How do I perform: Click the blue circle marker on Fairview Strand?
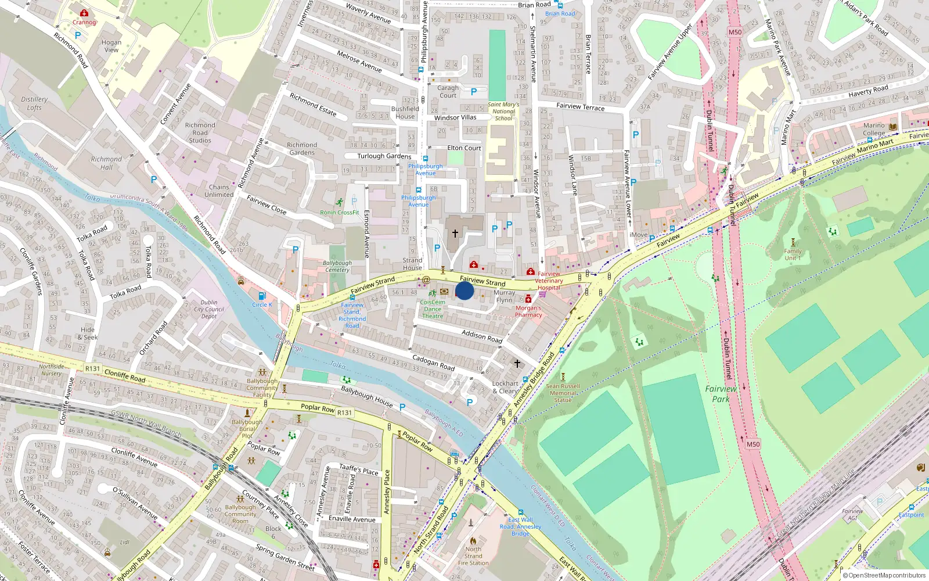[464, 290]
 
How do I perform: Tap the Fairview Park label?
[721, 394]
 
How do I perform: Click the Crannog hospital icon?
[84, 13]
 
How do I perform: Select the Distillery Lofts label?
[34, 103]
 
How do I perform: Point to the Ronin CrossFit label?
[340, 213]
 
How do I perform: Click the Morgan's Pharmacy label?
[528, 311]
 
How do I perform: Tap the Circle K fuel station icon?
[262, 296]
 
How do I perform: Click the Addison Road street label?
[482, 336]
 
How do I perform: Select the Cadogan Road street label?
[433, 363]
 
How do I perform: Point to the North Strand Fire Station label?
[473, 556]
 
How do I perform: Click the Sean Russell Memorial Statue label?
[563, 393]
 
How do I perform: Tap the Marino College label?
[874, 129]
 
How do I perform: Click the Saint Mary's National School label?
[503, 112]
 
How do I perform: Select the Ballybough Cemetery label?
[337, 266]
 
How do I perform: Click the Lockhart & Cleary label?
[505, 387]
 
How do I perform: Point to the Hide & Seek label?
[88, 333]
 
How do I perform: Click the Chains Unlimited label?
[219, 191]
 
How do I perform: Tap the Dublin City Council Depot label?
[209, 309]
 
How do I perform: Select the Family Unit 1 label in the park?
[793, 254]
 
